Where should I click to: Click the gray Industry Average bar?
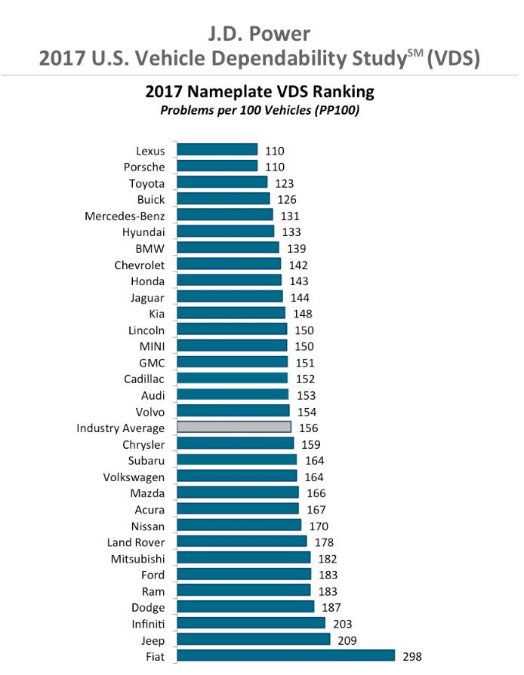tap(234, 427)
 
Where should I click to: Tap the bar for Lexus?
tap(217, 151)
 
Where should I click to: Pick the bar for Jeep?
tap(253, 640)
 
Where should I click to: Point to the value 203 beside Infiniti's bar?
tap(342, 624)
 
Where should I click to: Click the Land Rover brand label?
tap(136, 542)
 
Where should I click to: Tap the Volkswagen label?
tap(134, 477)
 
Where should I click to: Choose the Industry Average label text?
tap(121, 428)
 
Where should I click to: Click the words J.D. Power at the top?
tap(259, 33)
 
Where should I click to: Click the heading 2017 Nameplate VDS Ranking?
tap(259, 93)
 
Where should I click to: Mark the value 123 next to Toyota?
tap(284, 183)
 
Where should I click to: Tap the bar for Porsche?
tap(217, 167)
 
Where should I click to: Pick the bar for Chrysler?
tap(235, 443)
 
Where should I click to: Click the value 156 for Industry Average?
tap(308, 428)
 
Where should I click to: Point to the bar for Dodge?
tap(245, 607)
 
